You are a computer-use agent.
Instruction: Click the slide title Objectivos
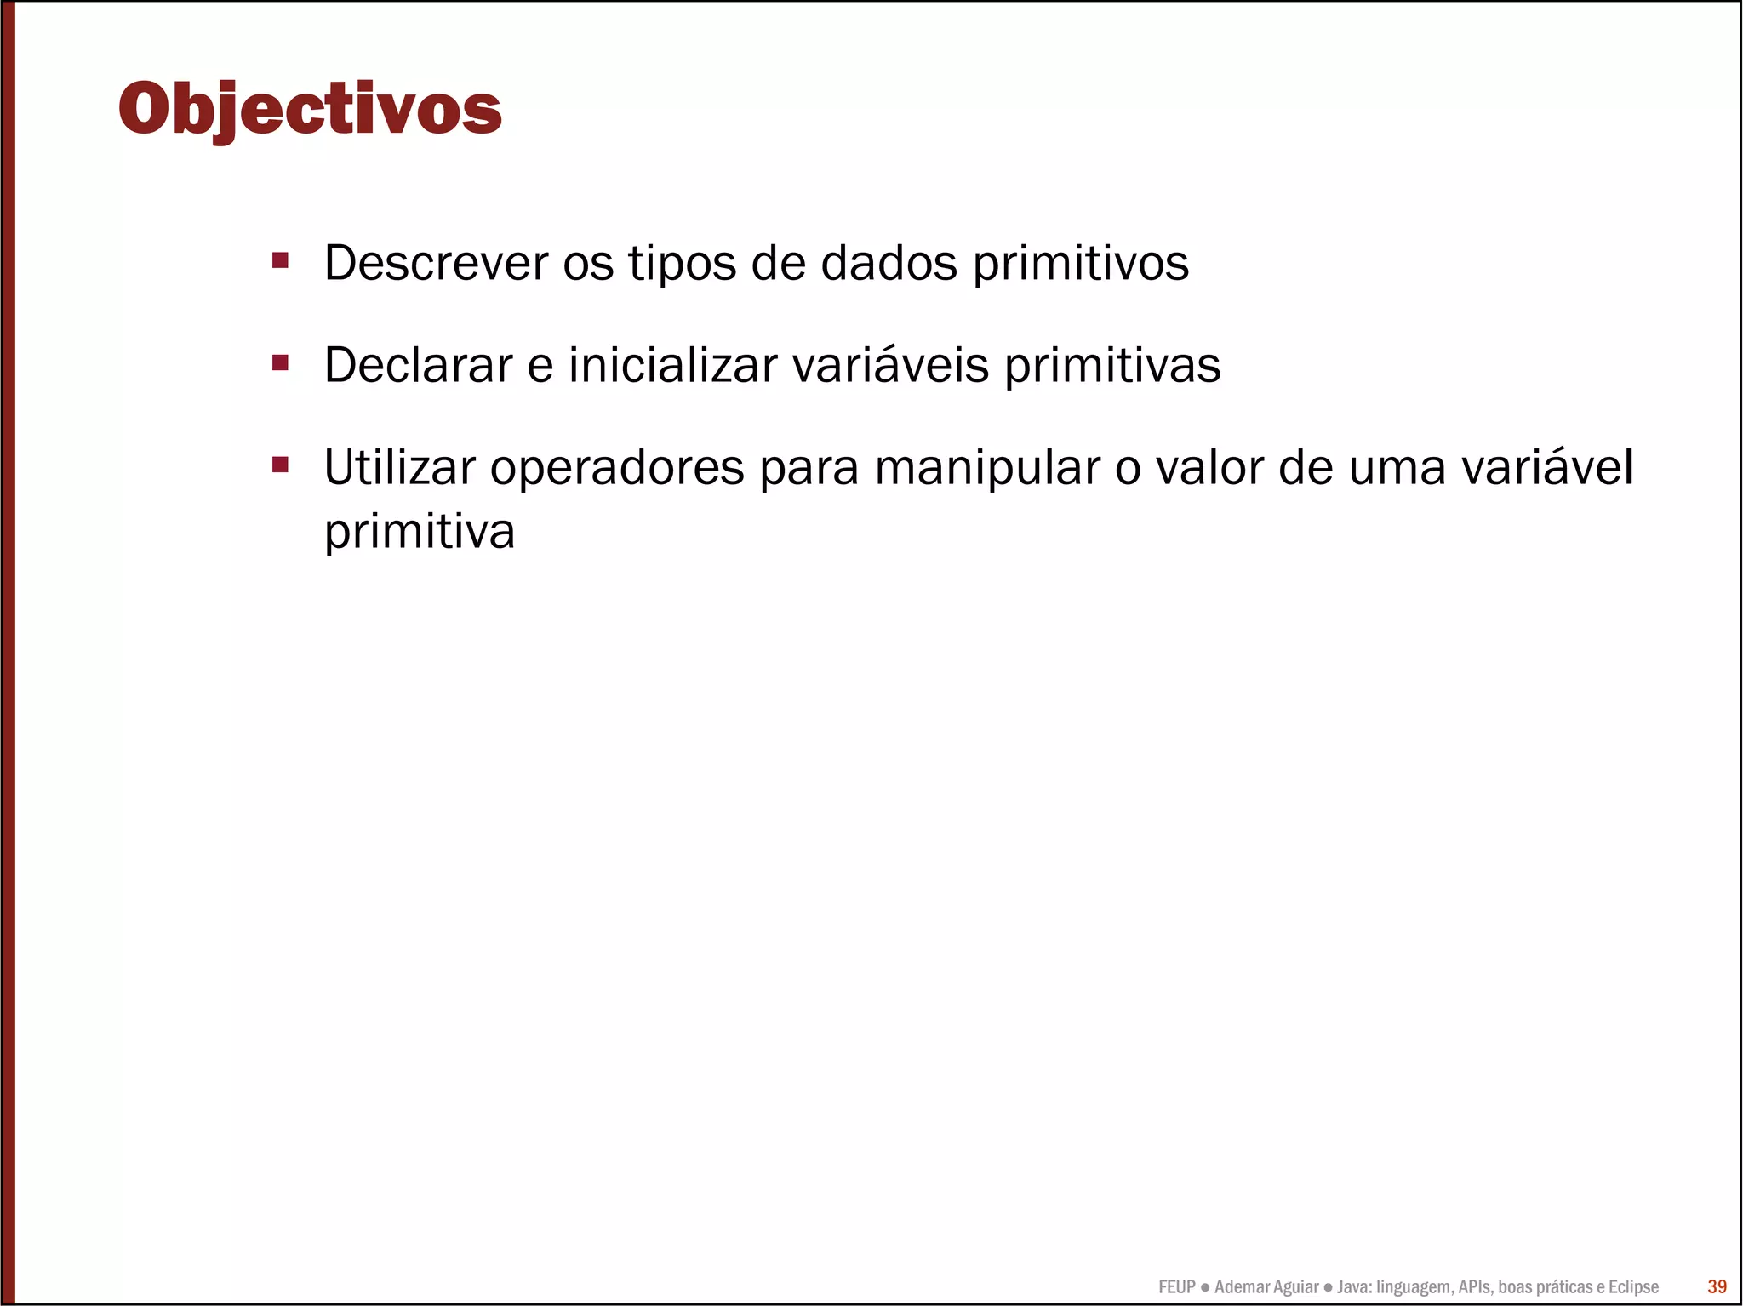click(310, 109)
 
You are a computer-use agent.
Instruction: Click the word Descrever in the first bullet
click(436, 263)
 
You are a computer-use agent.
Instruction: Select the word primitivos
click(1080, 265)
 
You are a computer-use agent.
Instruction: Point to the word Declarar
click(418, 365)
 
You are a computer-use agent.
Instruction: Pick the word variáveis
click(890, 365)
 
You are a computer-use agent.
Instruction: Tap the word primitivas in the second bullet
click(1112, 367)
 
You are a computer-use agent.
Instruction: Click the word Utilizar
click(399, 467)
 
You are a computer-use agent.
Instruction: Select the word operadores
click(617, 469)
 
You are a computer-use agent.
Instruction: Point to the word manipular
click(987, 469)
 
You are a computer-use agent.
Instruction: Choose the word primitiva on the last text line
click(420, 533)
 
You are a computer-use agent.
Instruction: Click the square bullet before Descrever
click(280, 259)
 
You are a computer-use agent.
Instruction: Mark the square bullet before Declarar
click(280, 362)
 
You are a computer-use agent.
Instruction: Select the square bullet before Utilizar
click(280, 465)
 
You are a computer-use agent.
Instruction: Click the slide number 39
click(1717, 1286)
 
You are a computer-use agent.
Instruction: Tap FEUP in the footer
click(1176, 1286)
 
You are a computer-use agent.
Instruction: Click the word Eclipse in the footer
click(1632, 1286)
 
